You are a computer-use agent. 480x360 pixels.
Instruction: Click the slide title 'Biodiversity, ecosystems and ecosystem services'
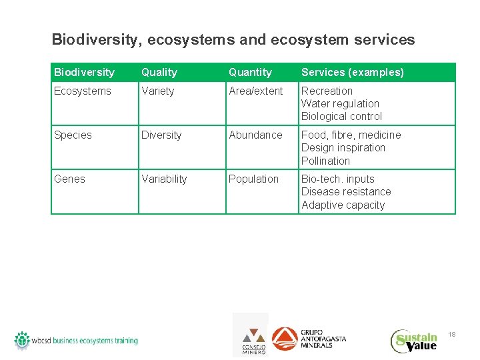coord(233,39)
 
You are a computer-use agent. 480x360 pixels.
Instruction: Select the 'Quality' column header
coord(159,72)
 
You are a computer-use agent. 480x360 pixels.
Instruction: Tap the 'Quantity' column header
coord(250,72)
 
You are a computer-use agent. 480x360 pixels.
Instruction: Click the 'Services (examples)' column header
coord(352,72)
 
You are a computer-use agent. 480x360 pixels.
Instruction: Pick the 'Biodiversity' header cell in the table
coord(84,72)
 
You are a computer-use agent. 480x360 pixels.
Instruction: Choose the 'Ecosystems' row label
coord(83,91)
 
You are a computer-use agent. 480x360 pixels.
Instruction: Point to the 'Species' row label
coord(73,135)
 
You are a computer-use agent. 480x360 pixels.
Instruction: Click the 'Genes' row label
coord(69,179)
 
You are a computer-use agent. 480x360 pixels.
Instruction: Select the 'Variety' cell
coord(157,91)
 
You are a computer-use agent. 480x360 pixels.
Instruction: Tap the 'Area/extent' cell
coord(255,91)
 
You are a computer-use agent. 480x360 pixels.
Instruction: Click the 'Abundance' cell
coord(255,135)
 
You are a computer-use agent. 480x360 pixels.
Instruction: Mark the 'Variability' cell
coord(164,179)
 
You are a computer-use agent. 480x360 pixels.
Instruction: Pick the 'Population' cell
coord(253,179)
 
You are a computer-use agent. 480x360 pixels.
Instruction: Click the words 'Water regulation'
coord(340,103)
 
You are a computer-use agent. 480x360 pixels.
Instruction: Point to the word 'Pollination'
coord(325,161)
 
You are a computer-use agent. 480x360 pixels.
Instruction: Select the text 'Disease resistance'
coord(346,191)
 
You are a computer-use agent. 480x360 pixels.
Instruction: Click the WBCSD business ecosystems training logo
coord(76,340)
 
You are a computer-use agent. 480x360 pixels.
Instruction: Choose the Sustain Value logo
coord(414,341)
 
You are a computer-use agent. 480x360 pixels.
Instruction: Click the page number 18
coord(451,333)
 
